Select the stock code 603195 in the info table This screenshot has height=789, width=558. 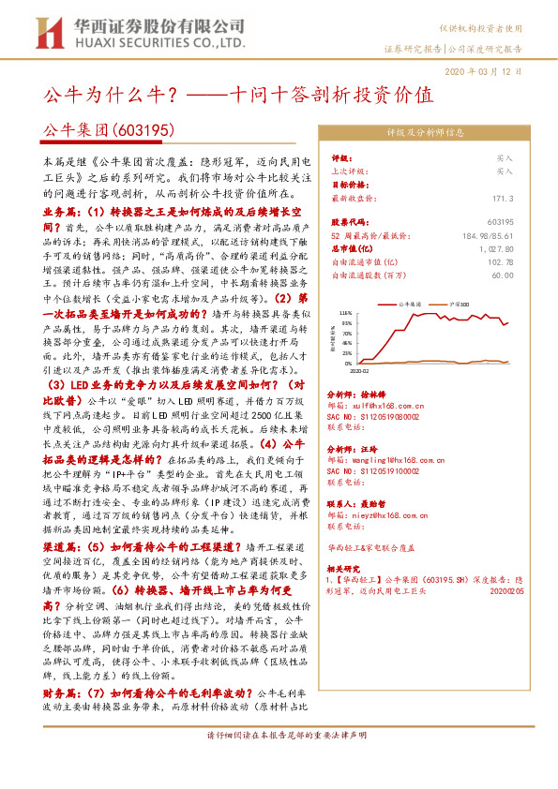click(498, 221)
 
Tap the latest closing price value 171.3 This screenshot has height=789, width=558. click(503, 199)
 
